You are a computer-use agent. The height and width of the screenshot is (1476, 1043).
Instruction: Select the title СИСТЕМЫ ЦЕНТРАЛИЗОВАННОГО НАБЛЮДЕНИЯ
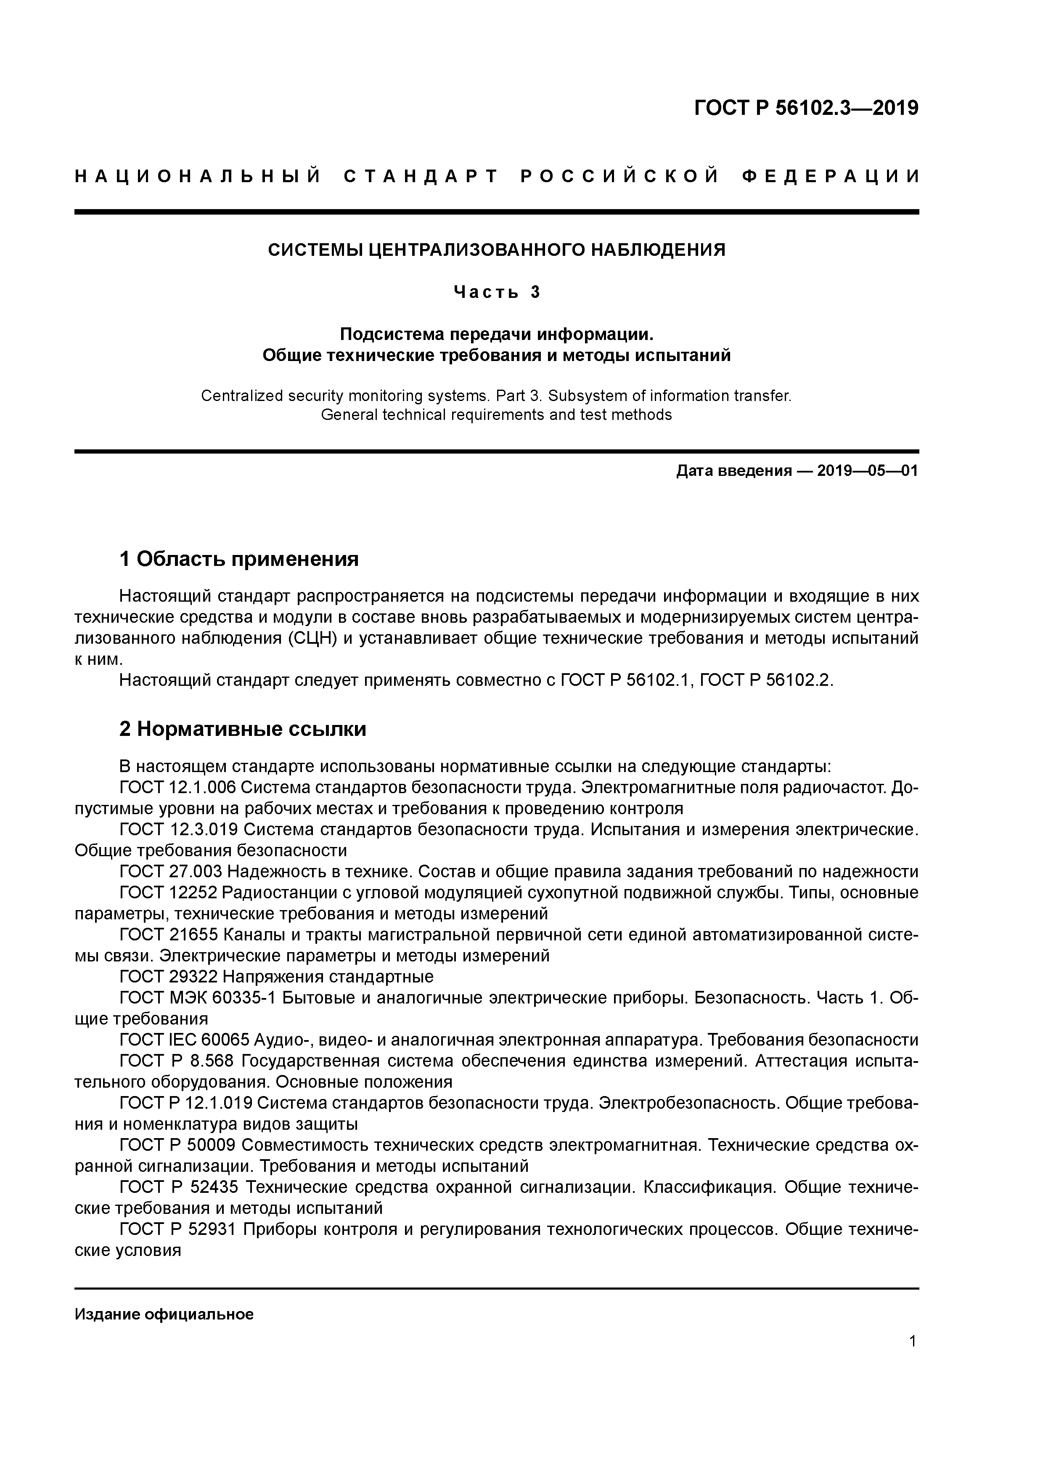(x=496, y=250)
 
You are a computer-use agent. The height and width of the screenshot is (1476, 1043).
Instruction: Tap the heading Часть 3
(x=496, y=292)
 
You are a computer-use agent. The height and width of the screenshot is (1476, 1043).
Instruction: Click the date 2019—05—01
(x=868, y=471)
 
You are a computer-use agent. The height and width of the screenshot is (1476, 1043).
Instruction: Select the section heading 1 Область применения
(x=238, y=559)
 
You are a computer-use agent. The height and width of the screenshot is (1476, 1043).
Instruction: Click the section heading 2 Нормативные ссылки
(x=243, y=729)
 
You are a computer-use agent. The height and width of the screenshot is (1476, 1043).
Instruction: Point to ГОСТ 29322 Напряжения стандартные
(x=276, y=977)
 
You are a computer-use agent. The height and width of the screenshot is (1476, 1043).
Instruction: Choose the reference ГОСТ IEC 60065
(x=185, y=1040)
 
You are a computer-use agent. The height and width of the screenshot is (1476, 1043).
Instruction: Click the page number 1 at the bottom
(x=913, y=1342)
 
